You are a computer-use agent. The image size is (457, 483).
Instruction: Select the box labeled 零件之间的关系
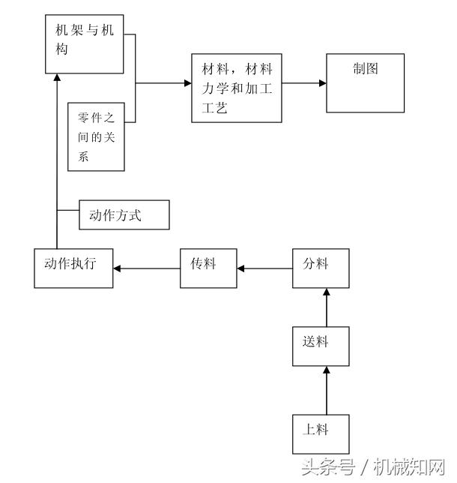(96, 136)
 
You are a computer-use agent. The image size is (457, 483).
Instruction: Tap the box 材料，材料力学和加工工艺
(236, 87)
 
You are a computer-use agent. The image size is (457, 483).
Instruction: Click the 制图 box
(365, 83)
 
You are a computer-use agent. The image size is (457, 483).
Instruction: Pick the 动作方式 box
(124, 216)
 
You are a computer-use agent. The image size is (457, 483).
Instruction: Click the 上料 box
(320, 433)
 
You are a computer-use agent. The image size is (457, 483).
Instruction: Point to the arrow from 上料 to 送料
(326, 390)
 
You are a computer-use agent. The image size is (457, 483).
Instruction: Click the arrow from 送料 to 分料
(326, 307)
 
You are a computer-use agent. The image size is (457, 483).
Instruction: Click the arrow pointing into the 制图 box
(304, 83)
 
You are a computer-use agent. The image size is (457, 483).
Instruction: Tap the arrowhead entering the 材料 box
(187, 83)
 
